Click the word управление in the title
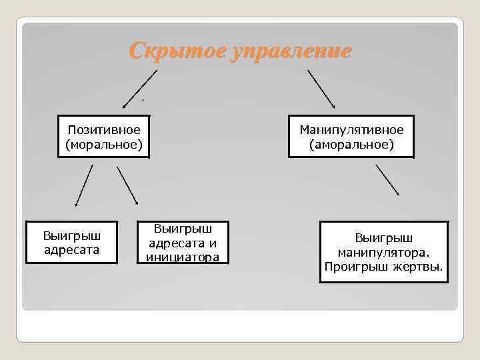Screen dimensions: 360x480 pyautogui.click(x=289, y=51)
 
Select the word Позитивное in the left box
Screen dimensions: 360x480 pyautogui.click(x=103, y=129)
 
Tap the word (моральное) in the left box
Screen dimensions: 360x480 pyautogui.click(x=103, y=143)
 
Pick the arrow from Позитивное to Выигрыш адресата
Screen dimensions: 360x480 pyautogui.click(x=84, y=185)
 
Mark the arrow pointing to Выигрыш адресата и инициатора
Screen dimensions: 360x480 pyautogui.click(x=127, y=185)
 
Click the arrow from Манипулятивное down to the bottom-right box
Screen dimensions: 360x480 pyautogui.click(x=387, y=180)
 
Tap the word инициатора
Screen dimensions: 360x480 pyautogui.click(x=182, y=257)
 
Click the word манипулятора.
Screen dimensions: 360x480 pyautogui.click(x=383, y=253)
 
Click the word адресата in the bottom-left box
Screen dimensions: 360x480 pyautogui.click(x=71, y=250)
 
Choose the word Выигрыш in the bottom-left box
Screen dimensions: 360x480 pyautogui.click(x=71, y=237)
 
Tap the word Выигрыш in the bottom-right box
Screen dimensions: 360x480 pyautogui.click(x=383, y=238)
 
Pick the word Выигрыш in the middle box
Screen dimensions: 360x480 pyautogui.click(x=182, y=229)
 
